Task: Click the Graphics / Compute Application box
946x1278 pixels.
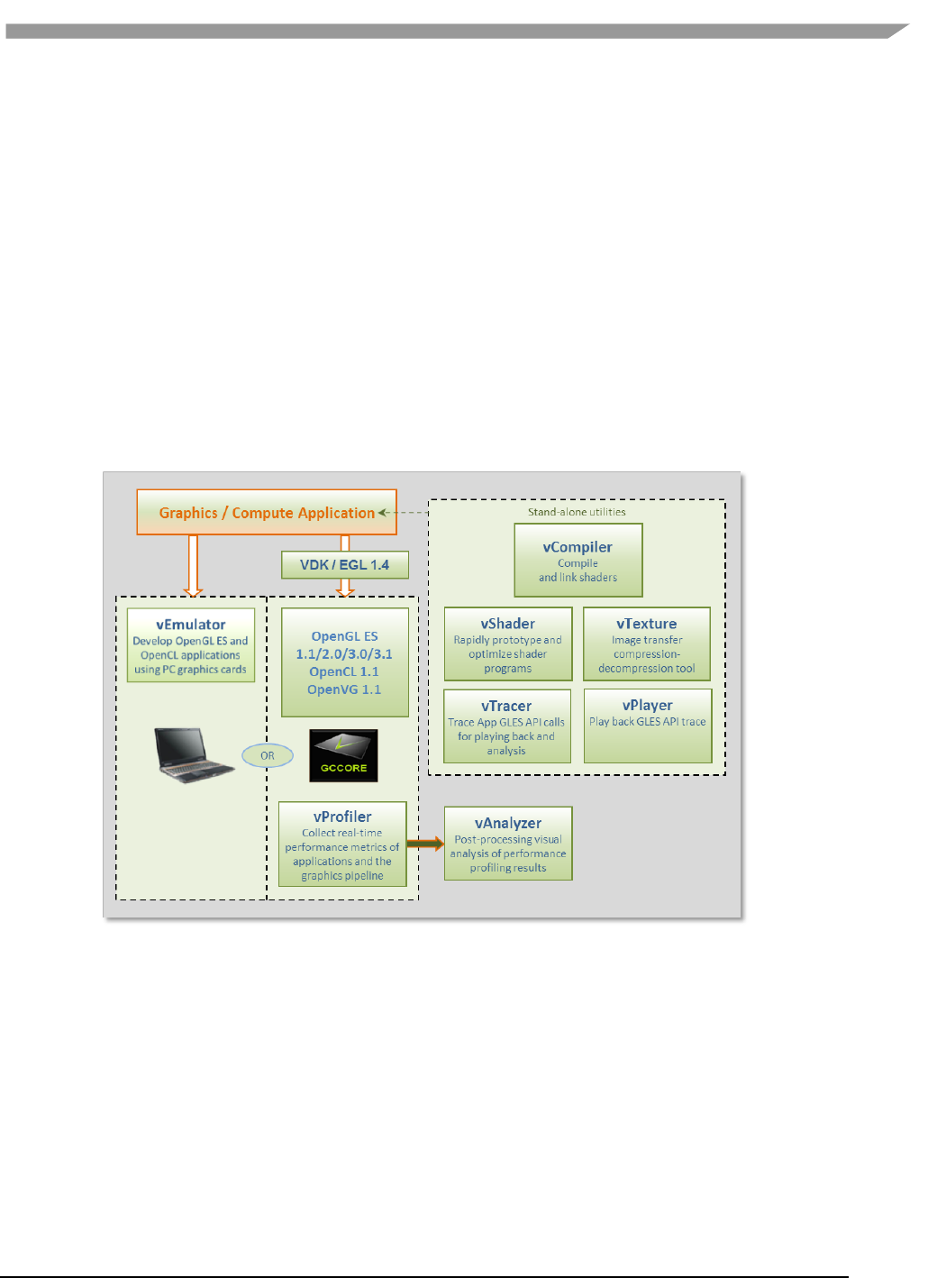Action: (267, 512)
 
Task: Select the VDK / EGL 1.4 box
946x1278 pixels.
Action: (344, 565)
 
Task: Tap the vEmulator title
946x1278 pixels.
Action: (191, 625)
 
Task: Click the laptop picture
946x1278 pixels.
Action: (193, 754)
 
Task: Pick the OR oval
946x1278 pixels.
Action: (268, 755)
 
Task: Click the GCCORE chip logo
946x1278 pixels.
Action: (343, 755)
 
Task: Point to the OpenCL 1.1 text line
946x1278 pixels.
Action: (344, 671)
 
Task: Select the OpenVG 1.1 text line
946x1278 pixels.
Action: (344, 689)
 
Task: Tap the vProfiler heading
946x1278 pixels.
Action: (342, 817)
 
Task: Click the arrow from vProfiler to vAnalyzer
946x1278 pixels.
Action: (425, 844)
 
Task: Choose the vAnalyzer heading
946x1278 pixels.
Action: (508, 823)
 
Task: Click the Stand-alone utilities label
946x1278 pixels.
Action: (577, 512)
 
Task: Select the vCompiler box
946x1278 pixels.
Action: (578, 561)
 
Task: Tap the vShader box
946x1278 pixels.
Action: (508, 644)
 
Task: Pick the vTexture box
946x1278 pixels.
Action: (647, 644)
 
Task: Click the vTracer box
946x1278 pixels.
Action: (507, 726)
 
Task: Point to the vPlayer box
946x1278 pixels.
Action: (648, 726)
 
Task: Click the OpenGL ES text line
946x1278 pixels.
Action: (344, 636)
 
